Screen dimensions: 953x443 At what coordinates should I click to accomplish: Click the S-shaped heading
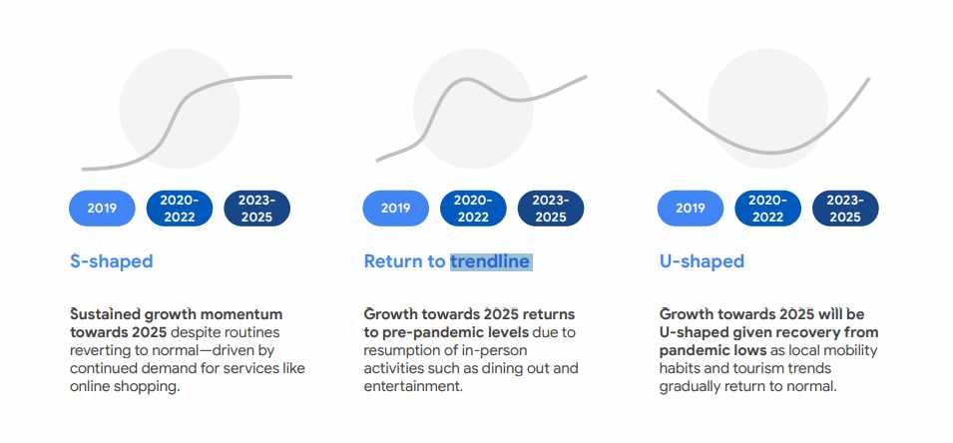pos(111,261)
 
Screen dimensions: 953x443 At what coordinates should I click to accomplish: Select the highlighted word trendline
pos(491,261)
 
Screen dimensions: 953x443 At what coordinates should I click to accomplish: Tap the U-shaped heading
pos(702,261)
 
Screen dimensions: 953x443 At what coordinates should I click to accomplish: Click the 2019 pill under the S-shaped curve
pos(102,209)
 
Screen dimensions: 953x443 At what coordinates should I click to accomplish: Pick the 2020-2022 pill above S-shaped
pos(180,209)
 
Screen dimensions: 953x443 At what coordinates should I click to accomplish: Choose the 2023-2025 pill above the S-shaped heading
pos(257,209)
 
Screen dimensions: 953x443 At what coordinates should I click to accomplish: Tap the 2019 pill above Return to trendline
pos(395,209)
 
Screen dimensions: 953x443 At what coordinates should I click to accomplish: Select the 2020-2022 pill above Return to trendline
pos(473,209)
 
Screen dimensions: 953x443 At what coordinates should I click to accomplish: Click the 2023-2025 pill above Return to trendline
pos(551,209)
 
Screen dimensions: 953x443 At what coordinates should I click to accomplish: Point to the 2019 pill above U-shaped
pos(691,209)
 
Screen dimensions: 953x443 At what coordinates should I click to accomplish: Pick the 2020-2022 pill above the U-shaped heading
pos(767,209)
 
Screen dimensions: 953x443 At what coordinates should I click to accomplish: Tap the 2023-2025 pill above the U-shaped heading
pos(845,209)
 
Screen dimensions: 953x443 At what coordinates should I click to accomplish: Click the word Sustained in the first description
pos(105,314)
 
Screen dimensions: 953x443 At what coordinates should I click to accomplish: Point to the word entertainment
pos(413,387)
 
